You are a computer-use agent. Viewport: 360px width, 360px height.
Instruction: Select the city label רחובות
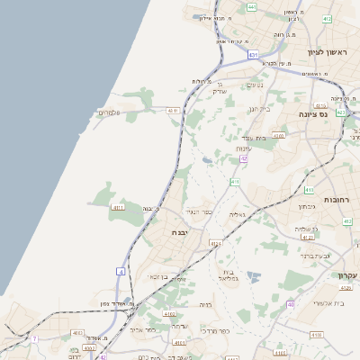click(342, 198)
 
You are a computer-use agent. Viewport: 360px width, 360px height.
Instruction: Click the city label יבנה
click(178, 231)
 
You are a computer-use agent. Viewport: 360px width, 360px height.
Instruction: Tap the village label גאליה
click(237, 214)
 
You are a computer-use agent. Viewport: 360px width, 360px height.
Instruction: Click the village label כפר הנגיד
click(197, 211)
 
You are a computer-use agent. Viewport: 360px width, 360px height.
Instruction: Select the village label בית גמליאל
click(227, 275)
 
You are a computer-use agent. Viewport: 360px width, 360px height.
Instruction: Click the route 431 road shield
click(254, 55)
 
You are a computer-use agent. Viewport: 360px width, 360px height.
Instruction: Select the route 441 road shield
click(252, 7)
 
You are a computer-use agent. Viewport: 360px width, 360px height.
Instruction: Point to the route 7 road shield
click(35, 338)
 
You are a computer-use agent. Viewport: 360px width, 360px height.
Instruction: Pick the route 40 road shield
click(290, 304)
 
